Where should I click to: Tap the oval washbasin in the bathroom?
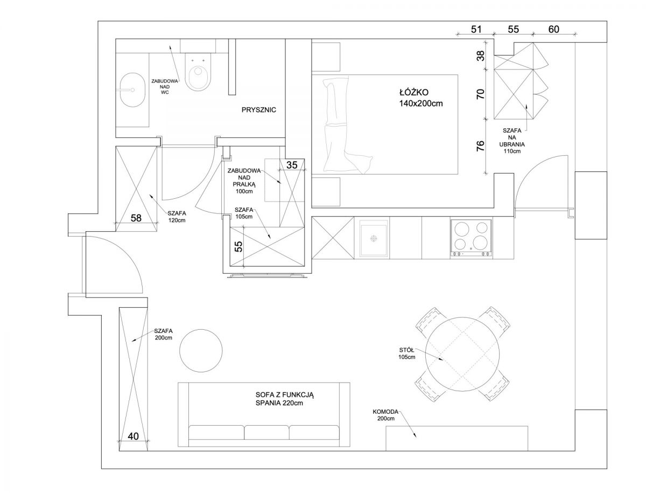[133, 90]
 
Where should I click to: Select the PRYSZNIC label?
[259, 110]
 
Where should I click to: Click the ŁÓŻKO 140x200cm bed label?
[421, 98]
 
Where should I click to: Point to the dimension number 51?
[476, 29]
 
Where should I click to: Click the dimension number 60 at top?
[553, 29]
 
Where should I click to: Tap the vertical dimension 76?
[480, 146]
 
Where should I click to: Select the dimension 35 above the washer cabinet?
[292, 165]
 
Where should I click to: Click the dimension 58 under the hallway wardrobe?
[136, 218]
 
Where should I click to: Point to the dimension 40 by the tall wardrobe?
[134, 436]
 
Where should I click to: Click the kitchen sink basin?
[374, 240]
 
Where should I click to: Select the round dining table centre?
[462, 354]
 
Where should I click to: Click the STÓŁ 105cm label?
[407, 353]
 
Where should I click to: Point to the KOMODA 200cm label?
[385, 415]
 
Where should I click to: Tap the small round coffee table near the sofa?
[201, 350]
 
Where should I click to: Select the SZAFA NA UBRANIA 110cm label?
[512, 141]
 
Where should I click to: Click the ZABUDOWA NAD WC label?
[165, 87]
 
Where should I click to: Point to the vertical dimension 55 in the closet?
[240, 247]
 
